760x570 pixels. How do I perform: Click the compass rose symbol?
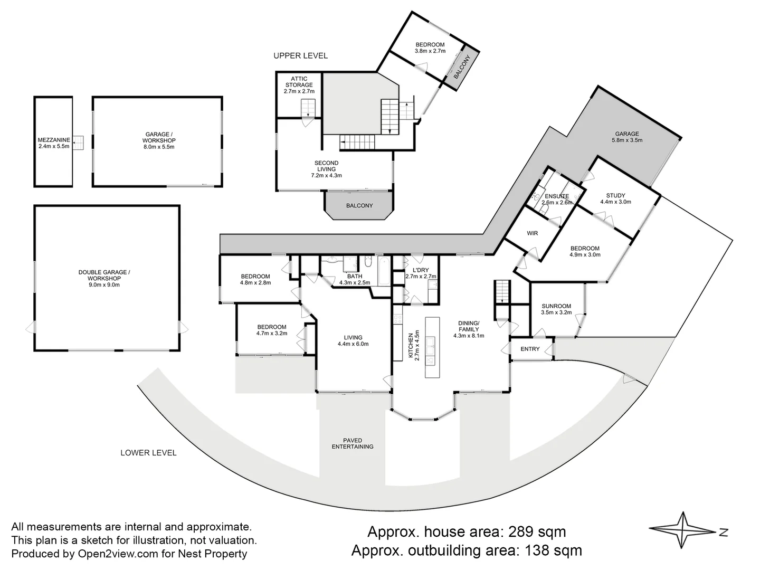684,530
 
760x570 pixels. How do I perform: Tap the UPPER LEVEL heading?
300,55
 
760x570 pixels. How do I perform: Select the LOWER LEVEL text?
148,453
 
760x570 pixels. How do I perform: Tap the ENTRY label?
530,349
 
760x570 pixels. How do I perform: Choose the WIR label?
532,233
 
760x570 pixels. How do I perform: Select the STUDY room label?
615,195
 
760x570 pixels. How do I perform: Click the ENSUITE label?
557,196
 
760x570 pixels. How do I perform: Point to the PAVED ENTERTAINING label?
352,443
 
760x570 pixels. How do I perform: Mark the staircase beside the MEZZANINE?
78,142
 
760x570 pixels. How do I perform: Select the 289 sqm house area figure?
536,531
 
